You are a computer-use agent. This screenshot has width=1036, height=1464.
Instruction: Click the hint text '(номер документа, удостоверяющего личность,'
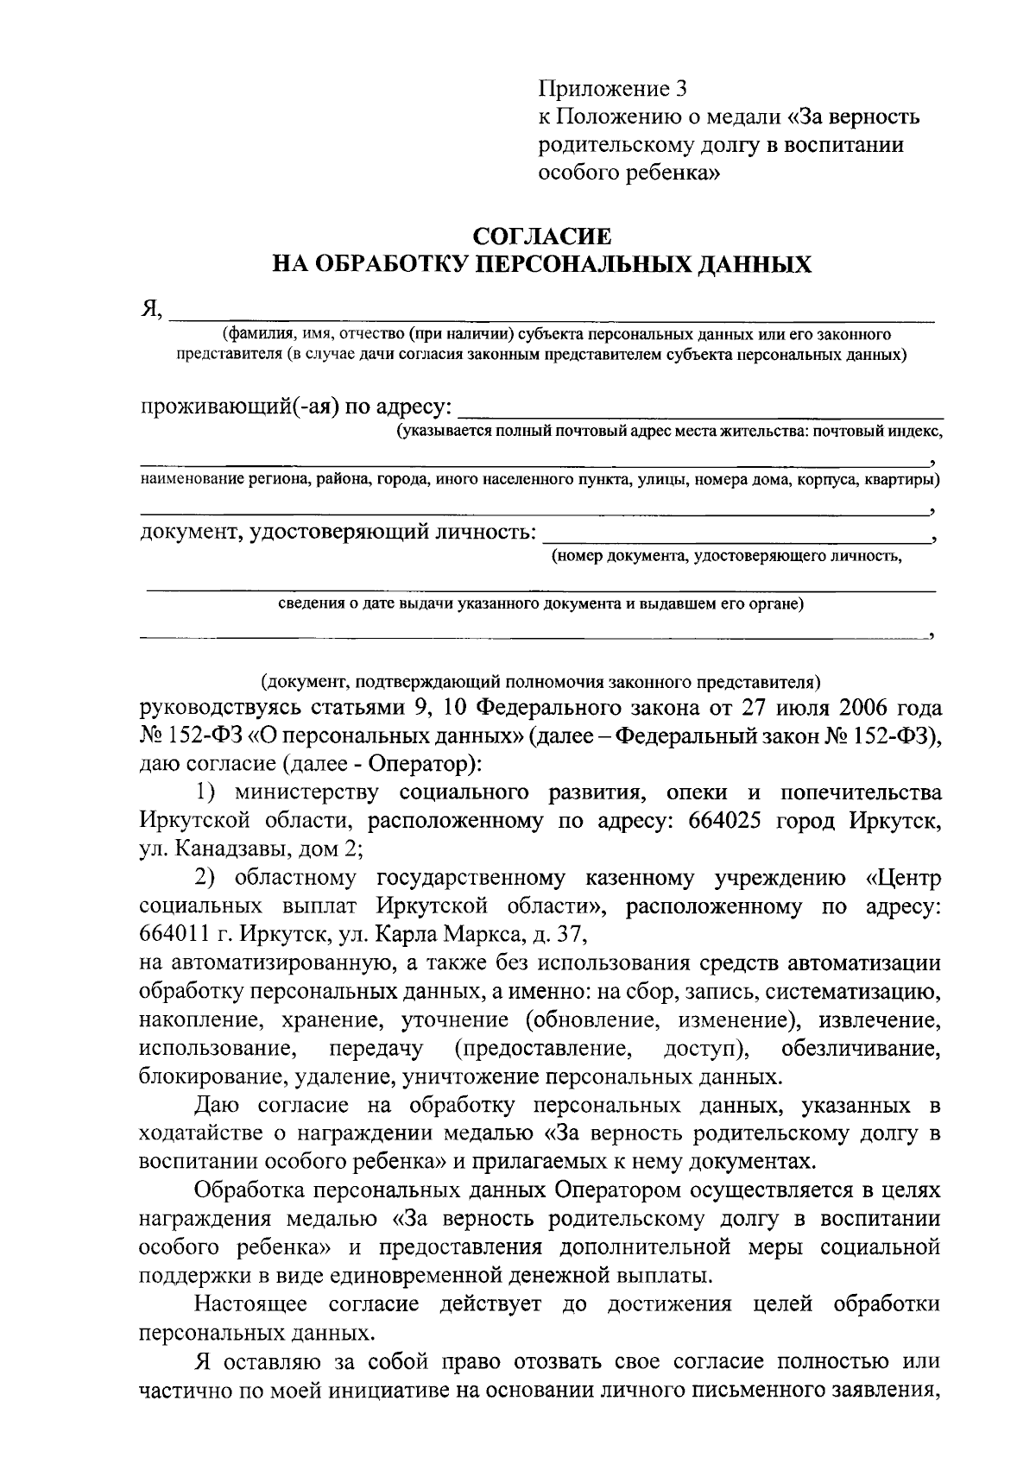pyautogui.click(x=727, y=556)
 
